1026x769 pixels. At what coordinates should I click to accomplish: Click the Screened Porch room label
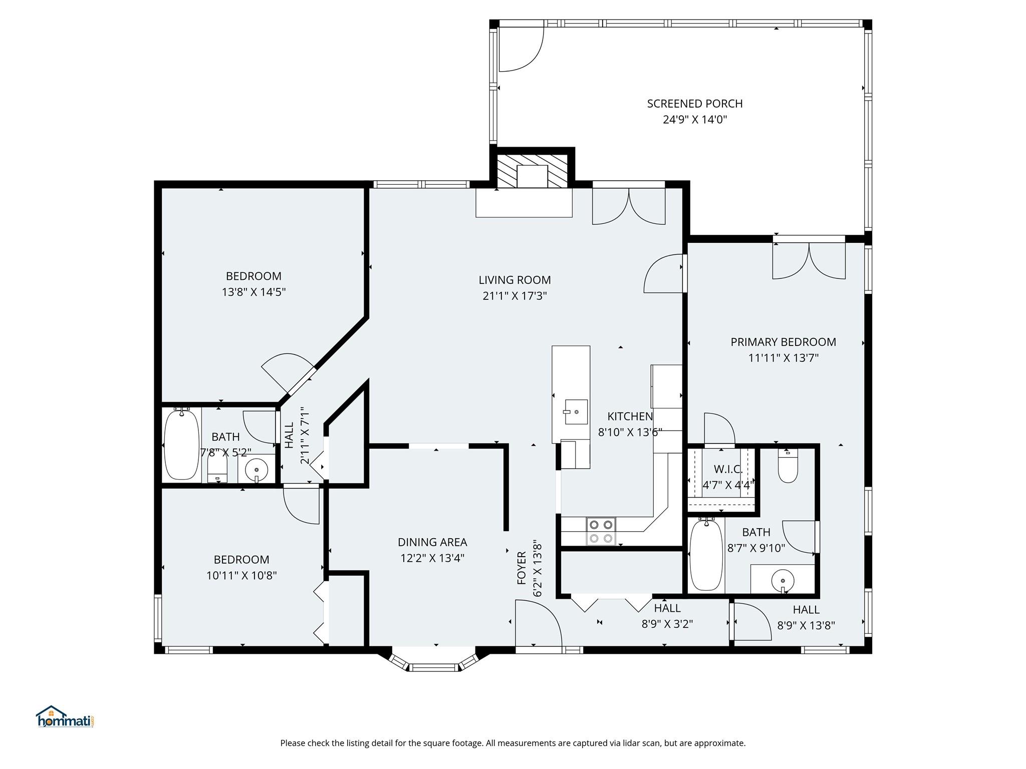(694, 104)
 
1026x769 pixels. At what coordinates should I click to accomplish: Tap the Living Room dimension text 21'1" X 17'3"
(515, 296)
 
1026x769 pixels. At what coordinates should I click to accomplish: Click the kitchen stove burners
(601, 532)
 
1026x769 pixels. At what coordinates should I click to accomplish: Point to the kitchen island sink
(576, 412)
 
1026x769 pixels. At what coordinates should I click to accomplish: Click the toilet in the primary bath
(788, 466)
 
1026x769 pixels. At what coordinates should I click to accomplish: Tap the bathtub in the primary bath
(706, 556)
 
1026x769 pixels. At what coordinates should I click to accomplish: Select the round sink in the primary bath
(783, 581)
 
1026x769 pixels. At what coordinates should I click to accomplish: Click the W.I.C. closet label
(728, 469)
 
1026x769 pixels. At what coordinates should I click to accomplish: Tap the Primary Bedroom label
(783, 342)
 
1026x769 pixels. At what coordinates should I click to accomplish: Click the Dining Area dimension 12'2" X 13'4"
(432, 558)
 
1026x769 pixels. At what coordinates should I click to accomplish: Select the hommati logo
(65, 716)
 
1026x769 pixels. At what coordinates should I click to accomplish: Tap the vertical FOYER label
(522, 568)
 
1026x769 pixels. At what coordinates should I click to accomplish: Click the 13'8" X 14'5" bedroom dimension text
(253, 292)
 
